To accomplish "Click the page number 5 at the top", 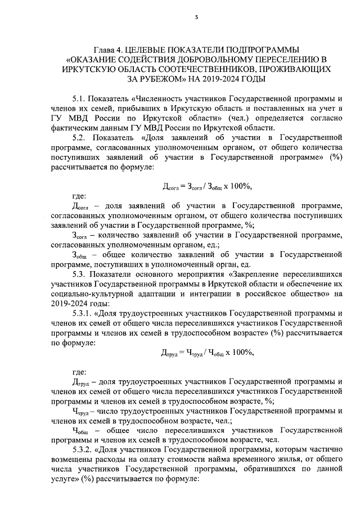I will click(196, 17).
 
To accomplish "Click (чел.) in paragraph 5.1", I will click(240, 119).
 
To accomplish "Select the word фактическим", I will click(74, 129).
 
